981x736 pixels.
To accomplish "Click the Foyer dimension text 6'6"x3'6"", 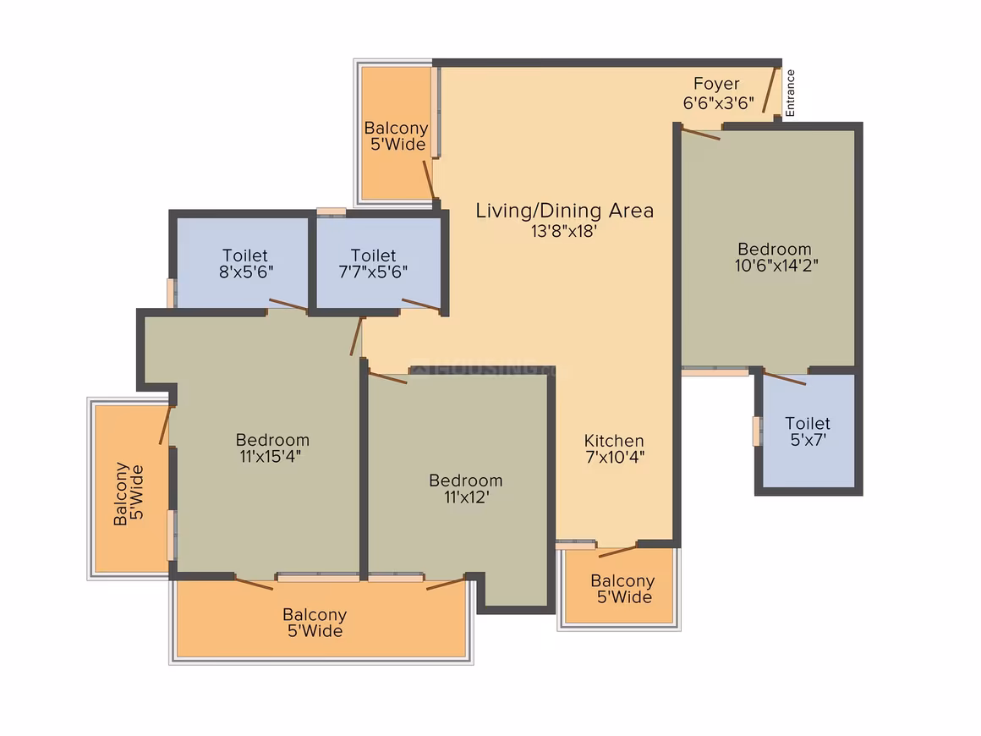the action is (718, 102).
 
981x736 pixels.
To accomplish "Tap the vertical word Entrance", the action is (790, 92).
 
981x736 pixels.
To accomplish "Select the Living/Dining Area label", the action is (564, 211).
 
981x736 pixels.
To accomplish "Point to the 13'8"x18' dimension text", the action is (564, 231).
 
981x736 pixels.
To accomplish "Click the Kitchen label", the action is (614, 440).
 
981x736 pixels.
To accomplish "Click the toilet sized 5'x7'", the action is (808, 431).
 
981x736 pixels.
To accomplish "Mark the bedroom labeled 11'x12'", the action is (460, 488).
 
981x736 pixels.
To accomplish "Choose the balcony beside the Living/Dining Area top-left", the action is (397, 133).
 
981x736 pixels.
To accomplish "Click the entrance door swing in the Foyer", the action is (770, 90).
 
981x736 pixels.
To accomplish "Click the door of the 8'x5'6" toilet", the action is (288, 305).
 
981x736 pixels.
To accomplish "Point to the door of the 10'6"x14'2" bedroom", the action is (701, 134).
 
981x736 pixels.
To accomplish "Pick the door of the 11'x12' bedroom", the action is (388, 377).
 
